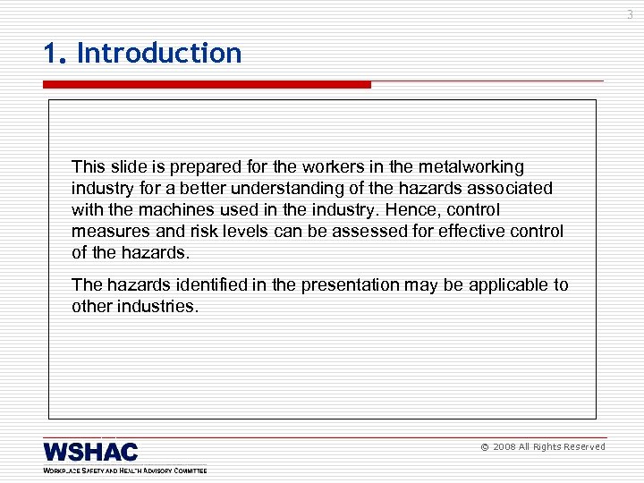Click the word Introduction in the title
[159, 54]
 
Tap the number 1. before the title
[55, 54]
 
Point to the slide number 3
[629, 14]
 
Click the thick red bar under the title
[207, 85]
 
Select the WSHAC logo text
[90, 451]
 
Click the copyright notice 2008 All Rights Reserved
[543, 446]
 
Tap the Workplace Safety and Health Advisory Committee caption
[124, 470]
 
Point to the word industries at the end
[160, 307]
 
